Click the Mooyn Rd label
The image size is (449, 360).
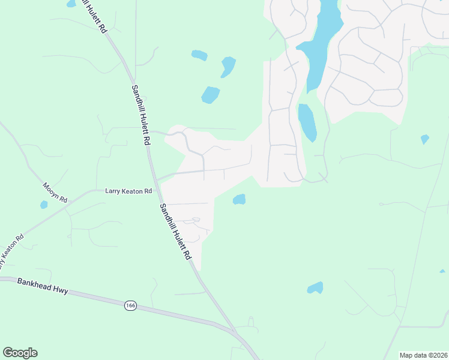(x=55, y=193)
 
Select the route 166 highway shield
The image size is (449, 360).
(x=130, y=306)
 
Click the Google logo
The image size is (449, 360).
(x=20, y=353)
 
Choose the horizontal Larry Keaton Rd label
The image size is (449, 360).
(x=128, y=191)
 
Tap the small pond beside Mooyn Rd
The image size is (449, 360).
(x=44, y=205)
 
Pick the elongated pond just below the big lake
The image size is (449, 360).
(x=307, y=122)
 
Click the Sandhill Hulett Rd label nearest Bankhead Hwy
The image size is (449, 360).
(x=175, y=232)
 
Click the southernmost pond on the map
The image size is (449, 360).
(x=315, y=288)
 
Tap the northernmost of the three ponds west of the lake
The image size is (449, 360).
(x=199, y=55)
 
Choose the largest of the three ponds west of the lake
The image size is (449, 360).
(x=210, y=95)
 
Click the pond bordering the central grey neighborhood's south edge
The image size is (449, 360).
(x=239, y=199)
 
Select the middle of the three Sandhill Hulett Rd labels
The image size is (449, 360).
(x=141, y=114)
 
